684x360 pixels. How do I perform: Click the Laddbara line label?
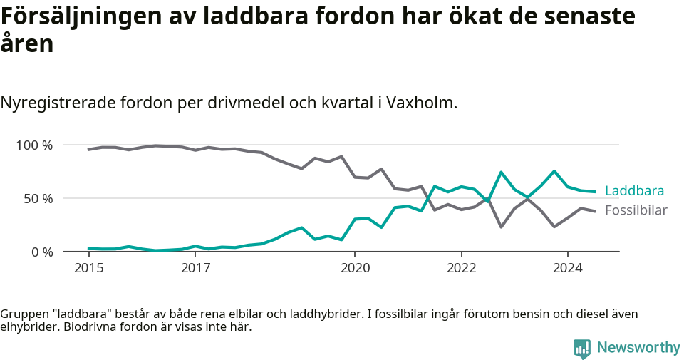[634, 191]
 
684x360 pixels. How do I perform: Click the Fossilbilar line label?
[636, 210]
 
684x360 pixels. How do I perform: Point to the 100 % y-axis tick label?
[35, 145]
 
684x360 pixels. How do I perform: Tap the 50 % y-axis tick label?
[38, 198]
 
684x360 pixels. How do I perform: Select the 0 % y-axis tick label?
[42, 252]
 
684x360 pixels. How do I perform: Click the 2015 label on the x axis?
[88, 269]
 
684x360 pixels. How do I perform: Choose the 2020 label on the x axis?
[355, 269]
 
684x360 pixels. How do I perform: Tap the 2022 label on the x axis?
[461, 269]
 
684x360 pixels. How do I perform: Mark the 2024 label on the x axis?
[568, 269]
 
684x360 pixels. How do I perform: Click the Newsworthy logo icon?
[582, 348]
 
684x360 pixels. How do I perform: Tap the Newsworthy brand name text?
[638, 348]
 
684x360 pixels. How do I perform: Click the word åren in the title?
[26, 44]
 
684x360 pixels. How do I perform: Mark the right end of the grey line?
[595, 211]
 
